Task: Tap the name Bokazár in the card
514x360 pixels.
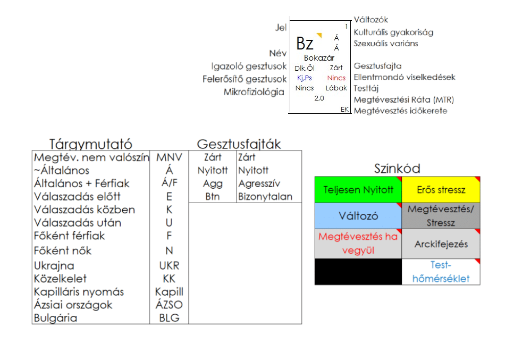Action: click(319, 57)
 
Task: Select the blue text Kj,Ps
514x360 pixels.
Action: click(305, 78)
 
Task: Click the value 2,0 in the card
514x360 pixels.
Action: click(319, 98)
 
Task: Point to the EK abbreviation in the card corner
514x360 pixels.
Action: click(345, 109)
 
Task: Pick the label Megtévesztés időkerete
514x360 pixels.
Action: click(400, 111)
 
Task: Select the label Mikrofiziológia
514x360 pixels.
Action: click(254, 92)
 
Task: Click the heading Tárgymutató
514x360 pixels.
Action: click(91, 144)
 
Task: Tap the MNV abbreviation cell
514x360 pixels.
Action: click(169, 157)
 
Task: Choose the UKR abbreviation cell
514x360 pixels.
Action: click(169, 265)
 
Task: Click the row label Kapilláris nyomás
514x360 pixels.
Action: click(79, 292)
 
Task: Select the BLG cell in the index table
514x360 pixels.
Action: click(169, 318)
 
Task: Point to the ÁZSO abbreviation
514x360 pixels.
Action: click(169, 305)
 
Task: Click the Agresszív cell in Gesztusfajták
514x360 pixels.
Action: click(259, 183)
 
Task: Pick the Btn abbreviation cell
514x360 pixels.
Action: click(212, 196)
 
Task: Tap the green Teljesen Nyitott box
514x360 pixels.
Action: click(358, 190)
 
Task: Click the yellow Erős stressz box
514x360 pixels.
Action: click(441, 190)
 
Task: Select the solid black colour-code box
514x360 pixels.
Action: click(358, 272)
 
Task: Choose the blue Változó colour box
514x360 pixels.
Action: click(358, 216)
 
